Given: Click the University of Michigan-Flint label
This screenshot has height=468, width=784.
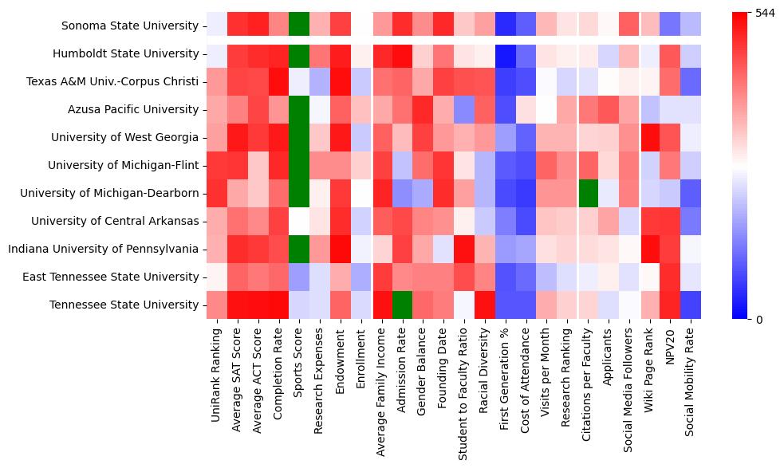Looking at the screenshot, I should [123, 166].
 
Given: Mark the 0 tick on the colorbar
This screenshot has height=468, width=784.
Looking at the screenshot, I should [758, 320].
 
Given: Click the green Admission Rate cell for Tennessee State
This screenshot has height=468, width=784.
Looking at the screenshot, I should [403, 305].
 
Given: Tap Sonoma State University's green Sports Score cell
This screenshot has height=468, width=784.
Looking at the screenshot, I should [299, 26].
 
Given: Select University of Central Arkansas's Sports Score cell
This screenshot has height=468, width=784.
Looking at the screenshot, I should [299, 222].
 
